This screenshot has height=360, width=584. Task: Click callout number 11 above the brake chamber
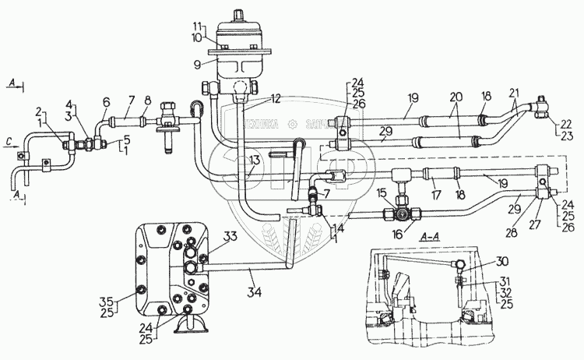[x=199, y=26]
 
